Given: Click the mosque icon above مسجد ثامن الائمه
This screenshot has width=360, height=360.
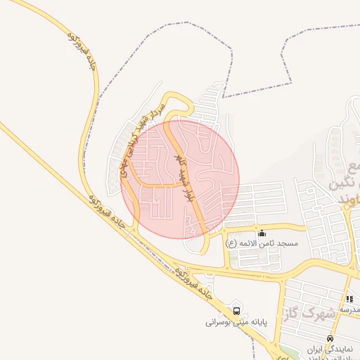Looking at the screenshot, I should (262, 233).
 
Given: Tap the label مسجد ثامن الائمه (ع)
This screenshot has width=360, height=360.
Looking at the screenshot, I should (262, 243).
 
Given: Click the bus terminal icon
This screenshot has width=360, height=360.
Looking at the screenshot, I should (236, 310).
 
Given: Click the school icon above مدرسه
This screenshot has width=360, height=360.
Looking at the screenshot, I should (349, 299).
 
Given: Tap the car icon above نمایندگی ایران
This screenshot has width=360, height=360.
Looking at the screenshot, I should (330, 338).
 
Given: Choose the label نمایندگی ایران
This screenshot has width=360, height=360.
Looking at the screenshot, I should (333, 349).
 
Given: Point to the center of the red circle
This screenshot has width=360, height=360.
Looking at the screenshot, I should (181, 179).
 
